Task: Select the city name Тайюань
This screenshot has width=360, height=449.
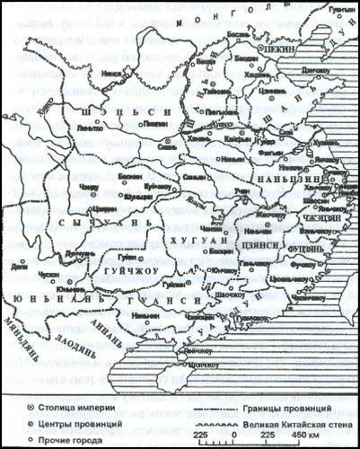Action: tap(216, 90)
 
